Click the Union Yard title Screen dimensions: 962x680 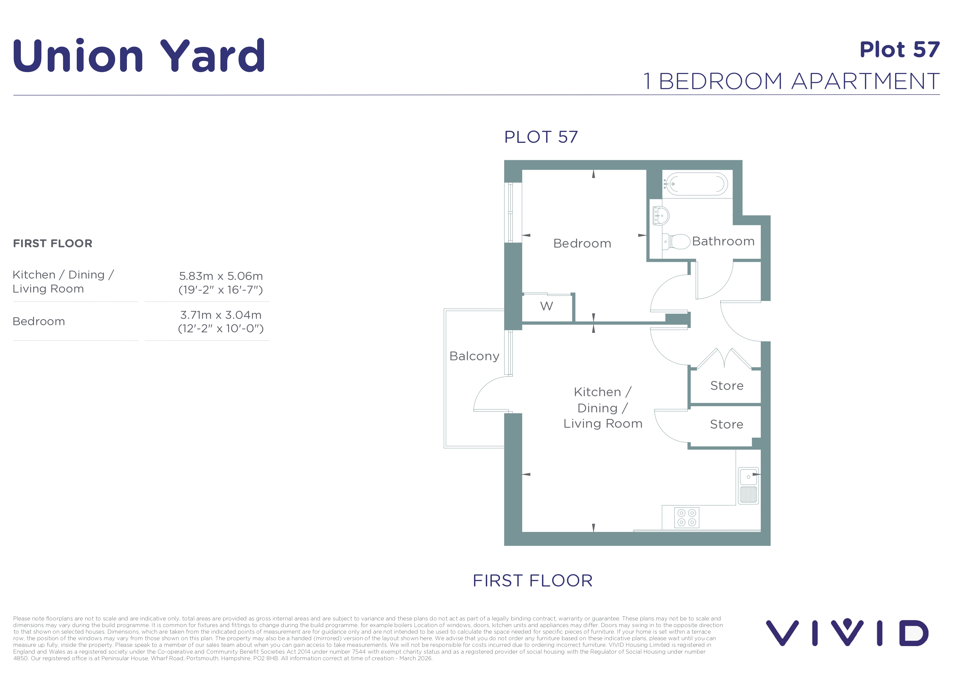click(139, 56)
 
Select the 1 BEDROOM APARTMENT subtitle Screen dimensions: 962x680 click(791, 81)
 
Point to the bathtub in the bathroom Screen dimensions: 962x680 click(697, 184)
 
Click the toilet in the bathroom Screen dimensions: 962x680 click(676, 242)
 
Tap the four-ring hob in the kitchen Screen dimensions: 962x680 click(687, 517)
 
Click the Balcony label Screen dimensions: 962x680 click(474, 356)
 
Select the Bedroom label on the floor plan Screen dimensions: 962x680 click(582, 243)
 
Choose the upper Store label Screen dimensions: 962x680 click(727, 386)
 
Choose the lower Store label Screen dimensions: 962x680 click(727, 424)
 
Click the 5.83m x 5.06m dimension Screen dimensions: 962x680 click(221, 276)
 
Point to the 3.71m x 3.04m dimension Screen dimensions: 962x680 click(221, 315)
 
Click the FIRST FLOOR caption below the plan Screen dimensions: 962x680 click(532, 581)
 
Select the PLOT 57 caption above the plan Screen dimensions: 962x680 click(541, 137)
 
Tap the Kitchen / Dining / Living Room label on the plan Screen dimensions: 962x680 click(603, 408)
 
